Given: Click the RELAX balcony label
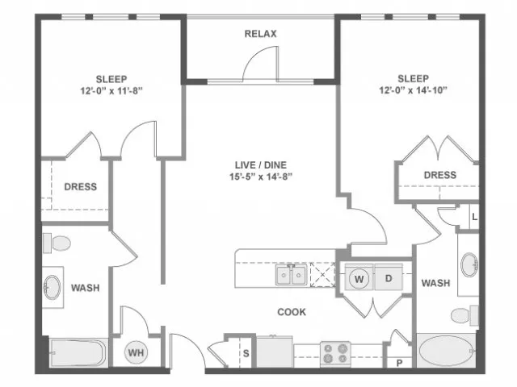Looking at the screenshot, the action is point(260,34).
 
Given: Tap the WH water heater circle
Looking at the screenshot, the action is point(136,353).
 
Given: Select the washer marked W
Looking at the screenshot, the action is point(359,279).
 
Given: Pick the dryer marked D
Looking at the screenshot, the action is point(389,278).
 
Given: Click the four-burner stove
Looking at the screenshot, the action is point(335,354).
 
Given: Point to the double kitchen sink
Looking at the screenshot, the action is point(291,274).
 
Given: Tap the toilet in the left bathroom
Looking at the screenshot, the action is point(57,243).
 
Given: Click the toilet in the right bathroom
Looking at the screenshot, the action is point(465,315).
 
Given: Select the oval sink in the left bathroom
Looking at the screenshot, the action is point(53,287).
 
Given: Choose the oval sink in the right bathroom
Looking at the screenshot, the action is point(469,264).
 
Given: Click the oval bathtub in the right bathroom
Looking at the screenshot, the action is point(447,351).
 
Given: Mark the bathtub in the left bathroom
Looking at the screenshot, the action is point(78,352).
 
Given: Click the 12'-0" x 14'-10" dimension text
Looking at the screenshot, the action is point(413,89).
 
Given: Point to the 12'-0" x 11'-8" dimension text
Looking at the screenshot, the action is point(111,90).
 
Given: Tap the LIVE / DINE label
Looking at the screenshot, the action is point(261,164).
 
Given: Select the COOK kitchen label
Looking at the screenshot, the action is point(292,312).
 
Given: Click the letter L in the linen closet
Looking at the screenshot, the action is point(474,217).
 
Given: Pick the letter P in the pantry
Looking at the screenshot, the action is point(400,364).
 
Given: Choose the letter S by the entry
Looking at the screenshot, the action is point(246,353).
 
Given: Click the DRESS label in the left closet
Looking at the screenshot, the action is point(81,186).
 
